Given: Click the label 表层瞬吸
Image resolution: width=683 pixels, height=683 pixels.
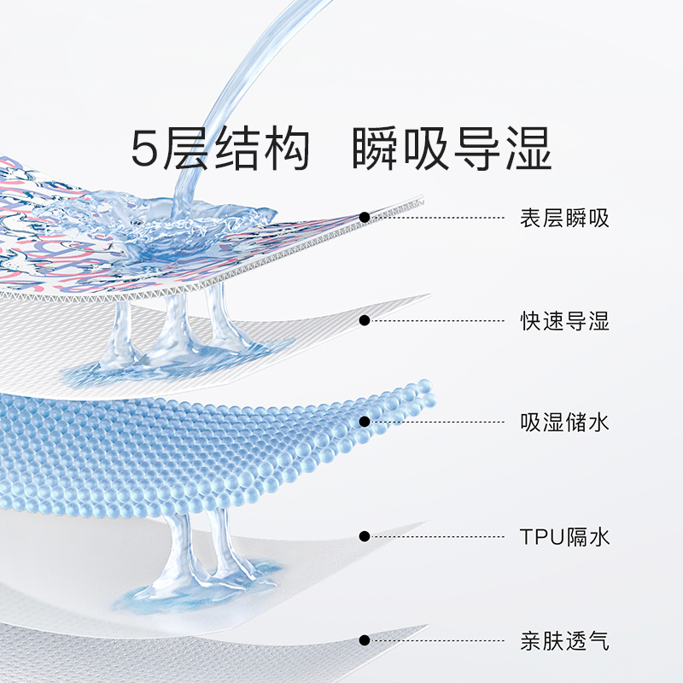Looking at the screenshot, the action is pyautogui.click(x=564, y=218).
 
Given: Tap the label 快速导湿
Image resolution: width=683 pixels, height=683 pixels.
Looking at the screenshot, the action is pyautogui.click(x=564, y=322).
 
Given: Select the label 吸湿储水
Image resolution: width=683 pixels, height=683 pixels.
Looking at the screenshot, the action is pyautogui.click(x=564, y=422).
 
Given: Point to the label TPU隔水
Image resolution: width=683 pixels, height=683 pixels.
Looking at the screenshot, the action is pyautogui.click(x=564, y=537).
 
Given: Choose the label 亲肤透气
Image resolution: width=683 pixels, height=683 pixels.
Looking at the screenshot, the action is pyautogui.click(x=564, y=640).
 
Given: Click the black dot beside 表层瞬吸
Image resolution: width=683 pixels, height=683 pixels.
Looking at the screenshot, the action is pyautogui.click(x=365, y=218).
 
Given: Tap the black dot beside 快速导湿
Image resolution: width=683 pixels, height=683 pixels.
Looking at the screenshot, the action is pyautogui.click(x=365, y=321).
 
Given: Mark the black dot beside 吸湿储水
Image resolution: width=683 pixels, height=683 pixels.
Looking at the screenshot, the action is pyautogui.click(x=365, y=421).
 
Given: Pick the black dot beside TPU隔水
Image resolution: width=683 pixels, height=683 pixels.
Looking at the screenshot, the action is pyautogui.click(x=365, y=536).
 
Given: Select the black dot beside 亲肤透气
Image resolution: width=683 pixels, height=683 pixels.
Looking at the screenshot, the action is pyautogui.click(x=365, y=639).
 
